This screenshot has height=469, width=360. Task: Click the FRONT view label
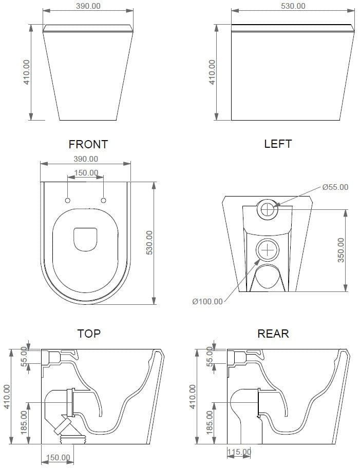(x=88, y=144)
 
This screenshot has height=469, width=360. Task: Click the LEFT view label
(x=278, y=144)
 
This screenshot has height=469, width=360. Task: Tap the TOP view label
(x=88, y=333)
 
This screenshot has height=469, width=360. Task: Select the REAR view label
(x=273, y=333)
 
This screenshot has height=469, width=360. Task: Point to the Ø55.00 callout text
(x=335, y=187)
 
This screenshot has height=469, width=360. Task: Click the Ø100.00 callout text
(x=207, y=302)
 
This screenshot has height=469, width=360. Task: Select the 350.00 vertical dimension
(x=341, y=250)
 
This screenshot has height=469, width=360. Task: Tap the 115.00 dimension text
(x=239, y=452)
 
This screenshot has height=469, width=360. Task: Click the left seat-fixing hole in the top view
(x=68, y=200)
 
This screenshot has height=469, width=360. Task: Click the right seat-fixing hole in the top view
(x=103, y=200)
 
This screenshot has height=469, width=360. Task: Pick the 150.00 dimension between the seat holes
(x=86, y=173)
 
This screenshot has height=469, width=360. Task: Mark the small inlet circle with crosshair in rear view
(x=267, y=209)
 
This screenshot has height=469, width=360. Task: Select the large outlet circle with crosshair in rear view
(x=267, y=249)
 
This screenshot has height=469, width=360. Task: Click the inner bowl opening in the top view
(x=85, y=239)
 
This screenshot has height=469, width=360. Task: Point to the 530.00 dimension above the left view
(x=293, y=6)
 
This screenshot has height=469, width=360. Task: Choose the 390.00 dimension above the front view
(x=88, y=6)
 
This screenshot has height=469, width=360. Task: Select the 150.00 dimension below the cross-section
(x=58, y=458)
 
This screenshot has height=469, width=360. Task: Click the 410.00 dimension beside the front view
(x=27, y=72)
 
